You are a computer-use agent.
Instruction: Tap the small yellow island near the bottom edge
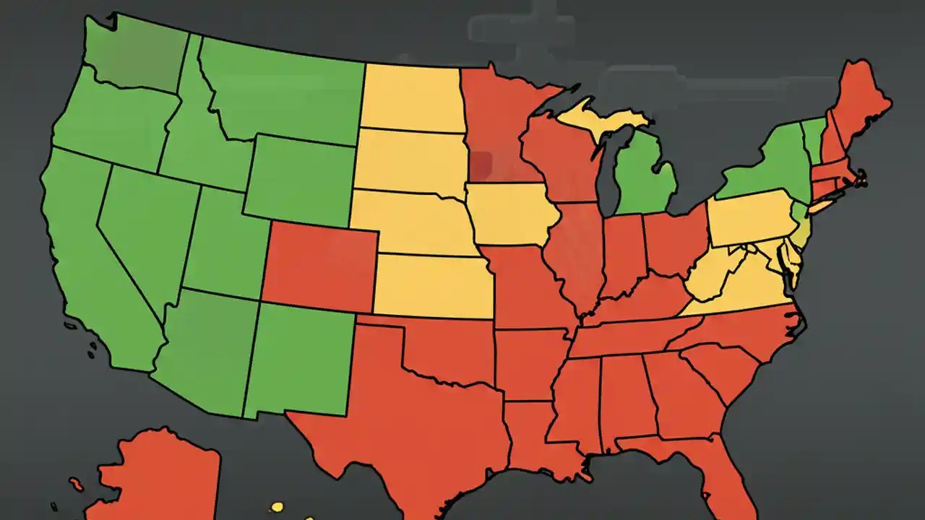click(276, 507)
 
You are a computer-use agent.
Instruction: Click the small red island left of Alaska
click(76, 483)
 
